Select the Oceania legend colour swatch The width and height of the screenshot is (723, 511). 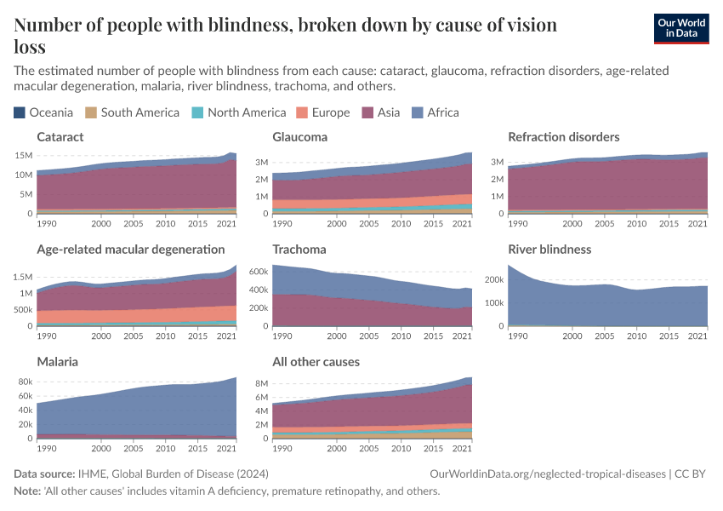point(20,112)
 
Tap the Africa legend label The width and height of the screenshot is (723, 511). point(442,112)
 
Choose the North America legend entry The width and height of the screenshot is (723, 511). point(246,112)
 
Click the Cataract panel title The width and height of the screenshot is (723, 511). point(60,137)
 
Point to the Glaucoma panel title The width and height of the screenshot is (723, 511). point(299,137)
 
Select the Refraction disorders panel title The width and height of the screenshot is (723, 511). point(563,137)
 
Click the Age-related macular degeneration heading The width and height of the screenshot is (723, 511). point(131,250)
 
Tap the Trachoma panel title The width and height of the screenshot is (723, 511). point(299,250)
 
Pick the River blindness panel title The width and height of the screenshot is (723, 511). point(549,250)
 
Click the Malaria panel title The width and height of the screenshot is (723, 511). point(57,362)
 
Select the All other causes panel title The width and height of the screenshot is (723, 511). point(316,362)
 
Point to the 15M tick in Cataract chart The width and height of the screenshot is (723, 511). point(24,156)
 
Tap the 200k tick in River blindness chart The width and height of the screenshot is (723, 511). point(493,279)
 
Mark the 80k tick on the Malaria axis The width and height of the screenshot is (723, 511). point(24,382)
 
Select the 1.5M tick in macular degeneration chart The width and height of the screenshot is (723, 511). point(22,277)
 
